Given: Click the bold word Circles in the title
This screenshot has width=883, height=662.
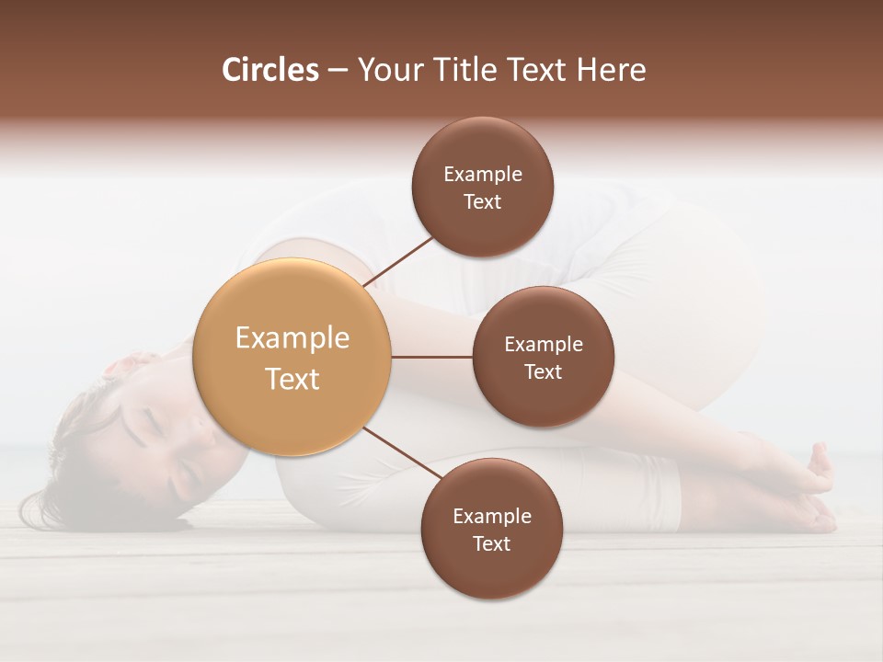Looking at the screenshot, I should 270,70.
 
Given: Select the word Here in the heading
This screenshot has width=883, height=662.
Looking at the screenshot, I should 612,70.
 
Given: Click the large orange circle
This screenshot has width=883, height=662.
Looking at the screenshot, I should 292,357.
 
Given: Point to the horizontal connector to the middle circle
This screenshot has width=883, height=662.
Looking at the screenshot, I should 432,357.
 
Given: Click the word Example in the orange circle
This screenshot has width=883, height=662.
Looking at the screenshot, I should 292,338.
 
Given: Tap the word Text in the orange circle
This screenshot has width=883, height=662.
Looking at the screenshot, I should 292,379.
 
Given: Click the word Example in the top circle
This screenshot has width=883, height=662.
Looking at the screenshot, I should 483,174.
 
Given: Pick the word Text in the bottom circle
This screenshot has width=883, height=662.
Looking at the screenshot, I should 491,543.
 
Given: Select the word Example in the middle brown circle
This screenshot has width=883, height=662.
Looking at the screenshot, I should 544,345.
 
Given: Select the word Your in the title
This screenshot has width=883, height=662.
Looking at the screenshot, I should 386,70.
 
